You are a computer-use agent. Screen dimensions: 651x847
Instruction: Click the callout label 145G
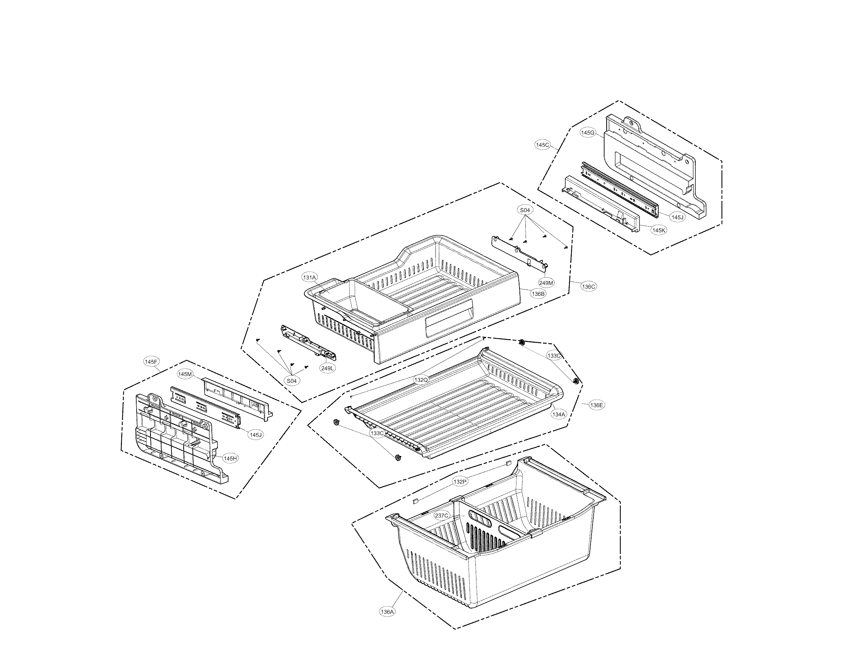(587, 133)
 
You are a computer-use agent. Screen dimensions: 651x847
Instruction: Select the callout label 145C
(542, 145)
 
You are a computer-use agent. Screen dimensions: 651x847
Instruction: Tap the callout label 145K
(659, 230)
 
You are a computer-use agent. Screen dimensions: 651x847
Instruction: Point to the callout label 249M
(546, 283)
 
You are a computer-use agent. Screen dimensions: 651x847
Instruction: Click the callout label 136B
(538, 294)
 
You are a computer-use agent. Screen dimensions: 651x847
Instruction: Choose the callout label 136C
(588, 287)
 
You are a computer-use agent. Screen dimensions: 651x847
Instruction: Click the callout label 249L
(328, 369)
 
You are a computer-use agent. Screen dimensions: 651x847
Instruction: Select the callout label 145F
(151, 362)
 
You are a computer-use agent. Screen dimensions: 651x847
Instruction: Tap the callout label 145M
(185, 374)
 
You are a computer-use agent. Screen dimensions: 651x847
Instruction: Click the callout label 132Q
(421, 380)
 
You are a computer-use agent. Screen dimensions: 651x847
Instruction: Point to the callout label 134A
(559, 414)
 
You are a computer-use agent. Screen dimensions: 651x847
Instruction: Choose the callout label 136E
(596, 405)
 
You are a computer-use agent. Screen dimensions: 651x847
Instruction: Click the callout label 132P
(460, 482)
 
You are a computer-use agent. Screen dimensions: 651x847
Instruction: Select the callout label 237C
(442, 516)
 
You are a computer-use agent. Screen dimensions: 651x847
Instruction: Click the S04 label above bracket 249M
(525, 210)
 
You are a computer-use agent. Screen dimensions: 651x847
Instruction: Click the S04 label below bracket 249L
(291, 381)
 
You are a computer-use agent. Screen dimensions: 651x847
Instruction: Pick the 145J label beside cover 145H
(256, 435)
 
